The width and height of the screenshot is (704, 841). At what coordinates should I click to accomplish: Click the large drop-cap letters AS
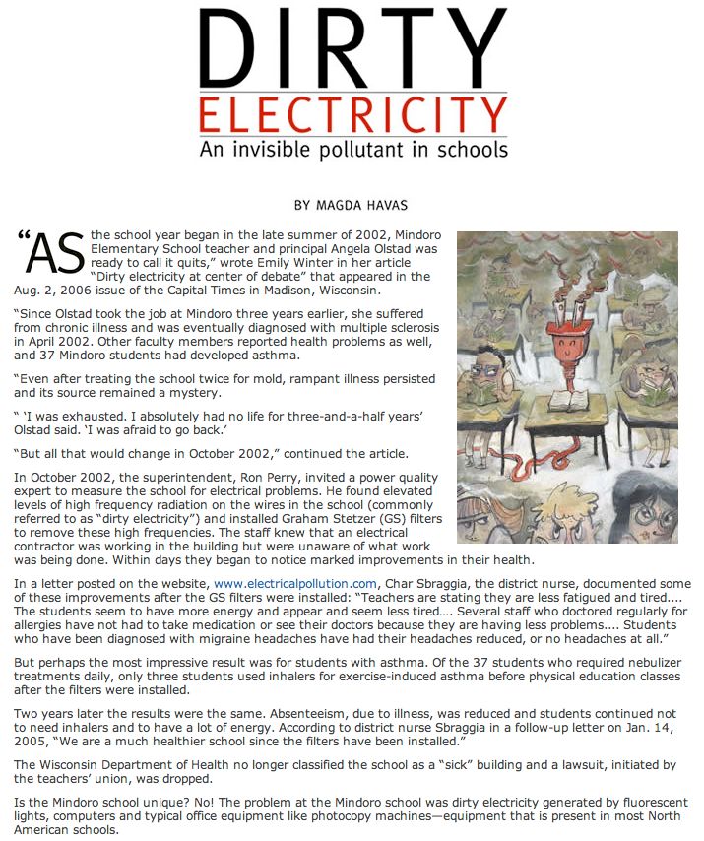[49, 256]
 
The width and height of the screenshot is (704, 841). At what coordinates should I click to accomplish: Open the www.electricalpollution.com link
[295, 584]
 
